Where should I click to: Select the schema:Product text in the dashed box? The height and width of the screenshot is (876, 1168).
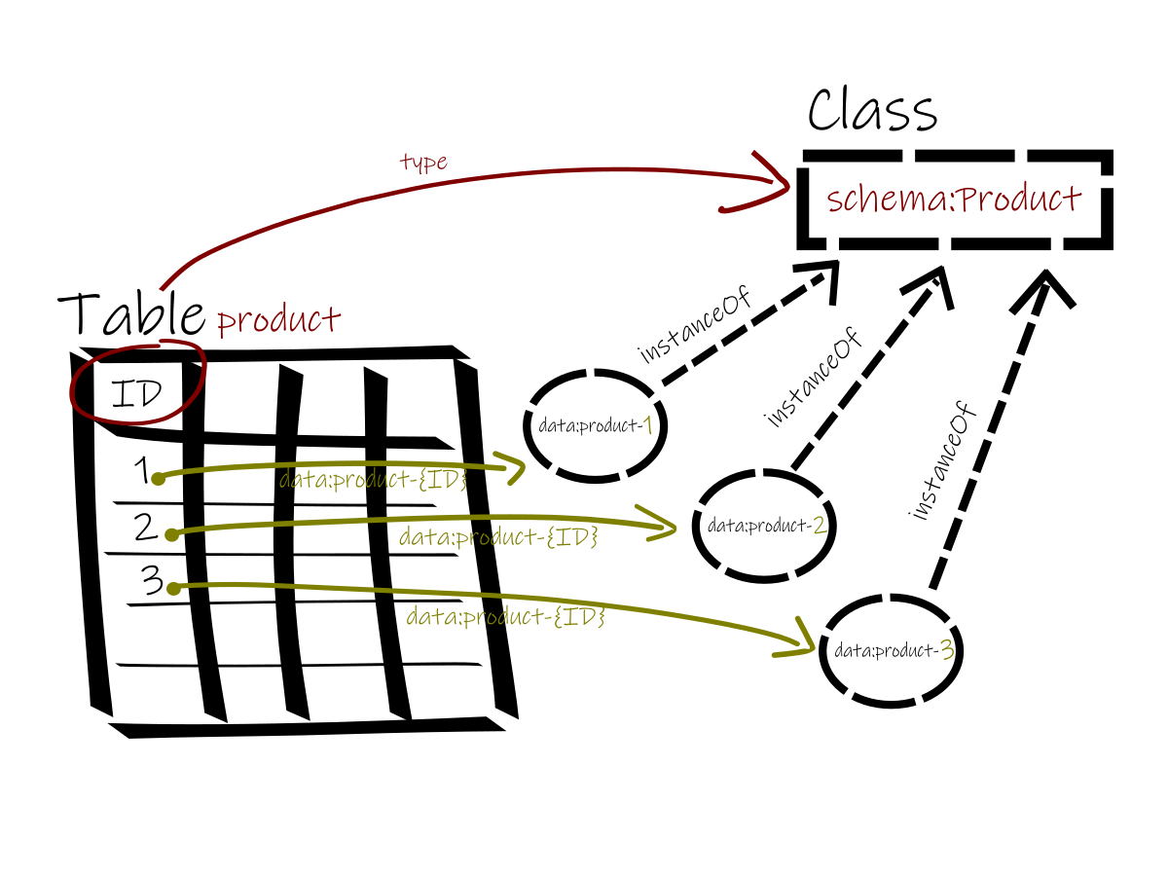coord(954,200)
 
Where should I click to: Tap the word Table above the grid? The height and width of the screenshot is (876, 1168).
coord(131,312)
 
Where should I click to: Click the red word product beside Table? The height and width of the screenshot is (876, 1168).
coord(278,319)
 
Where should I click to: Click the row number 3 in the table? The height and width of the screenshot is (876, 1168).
coord(153,581)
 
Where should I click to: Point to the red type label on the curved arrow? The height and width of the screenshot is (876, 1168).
coord(423,162)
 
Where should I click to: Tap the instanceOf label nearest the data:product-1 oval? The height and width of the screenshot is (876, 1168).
coord(696,326)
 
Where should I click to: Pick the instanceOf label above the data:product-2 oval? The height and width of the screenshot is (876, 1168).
coord(816,381)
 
